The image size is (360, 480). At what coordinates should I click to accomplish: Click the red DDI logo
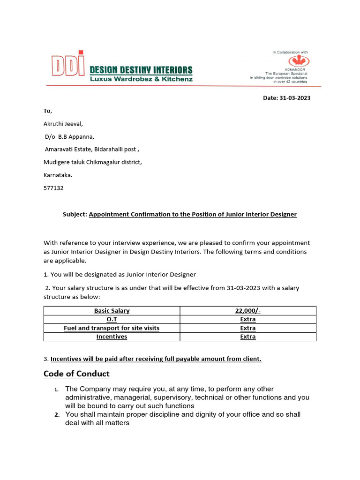tap(67, 66)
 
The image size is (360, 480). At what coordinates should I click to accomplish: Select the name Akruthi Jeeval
tap(63, 124)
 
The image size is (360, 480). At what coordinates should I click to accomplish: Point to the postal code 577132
tap(53, 188)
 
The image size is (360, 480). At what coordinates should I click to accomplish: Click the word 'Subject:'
tap(75, 214)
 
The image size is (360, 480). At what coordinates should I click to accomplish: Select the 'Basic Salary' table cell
tap(112, 310)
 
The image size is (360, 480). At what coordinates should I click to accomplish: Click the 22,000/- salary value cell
tap(248, 310)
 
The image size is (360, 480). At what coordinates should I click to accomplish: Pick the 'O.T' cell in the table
tap(112, 319)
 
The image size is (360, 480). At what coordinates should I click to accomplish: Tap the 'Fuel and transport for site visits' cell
tap(112, 328)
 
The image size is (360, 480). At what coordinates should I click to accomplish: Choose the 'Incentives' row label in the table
tap(112, 337)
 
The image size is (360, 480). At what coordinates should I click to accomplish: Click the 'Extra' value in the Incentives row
tap(248, 337)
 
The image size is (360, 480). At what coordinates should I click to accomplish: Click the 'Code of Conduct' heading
tap(76, 374)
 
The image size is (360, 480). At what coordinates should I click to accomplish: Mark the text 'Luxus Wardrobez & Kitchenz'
tap(141, 79)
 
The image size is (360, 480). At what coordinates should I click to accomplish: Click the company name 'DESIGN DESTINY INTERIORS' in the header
tap(141, 70)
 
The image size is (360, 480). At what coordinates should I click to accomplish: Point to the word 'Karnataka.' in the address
tap(58, 175)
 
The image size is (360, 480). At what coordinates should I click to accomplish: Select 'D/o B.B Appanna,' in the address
tap(69, 137)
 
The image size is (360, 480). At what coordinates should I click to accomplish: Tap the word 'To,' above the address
tap(48, 111)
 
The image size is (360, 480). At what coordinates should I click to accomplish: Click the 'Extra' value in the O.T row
tap(248, 319)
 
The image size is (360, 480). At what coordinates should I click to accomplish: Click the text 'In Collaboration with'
tap(290, 52)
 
